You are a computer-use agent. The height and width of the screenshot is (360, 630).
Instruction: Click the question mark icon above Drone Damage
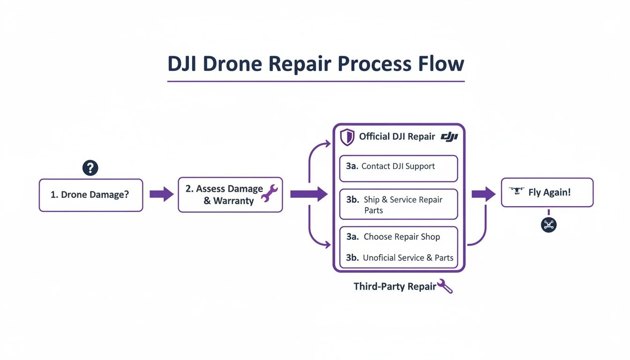pos(90,168)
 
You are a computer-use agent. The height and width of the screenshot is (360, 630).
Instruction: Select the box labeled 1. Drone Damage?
pos(90,195)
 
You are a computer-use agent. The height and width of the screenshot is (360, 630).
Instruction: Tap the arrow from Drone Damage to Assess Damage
pos(161,194)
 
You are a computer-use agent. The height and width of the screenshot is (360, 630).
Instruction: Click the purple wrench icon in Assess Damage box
pos(269,194)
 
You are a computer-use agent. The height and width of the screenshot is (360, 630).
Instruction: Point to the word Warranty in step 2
pos(233,201)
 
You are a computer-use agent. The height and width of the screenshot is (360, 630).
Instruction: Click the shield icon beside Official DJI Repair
pos(347,137)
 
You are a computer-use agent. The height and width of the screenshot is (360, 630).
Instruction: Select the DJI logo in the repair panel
pos(449,136)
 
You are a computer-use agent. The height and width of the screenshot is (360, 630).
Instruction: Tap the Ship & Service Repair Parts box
pos(398,204)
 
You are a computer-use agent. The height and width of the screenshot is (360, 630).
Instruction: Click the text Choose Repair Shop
pos(402,237)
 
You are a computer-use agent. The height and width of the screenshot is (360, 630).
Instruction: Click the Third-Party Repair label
pos(395,286)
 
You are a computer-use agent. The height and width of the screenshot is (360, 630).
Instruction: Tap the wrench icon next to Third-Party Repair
pos(444,286)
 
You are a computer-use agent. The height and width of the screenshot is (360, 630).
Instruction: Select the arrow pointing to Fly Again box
pos(483,194)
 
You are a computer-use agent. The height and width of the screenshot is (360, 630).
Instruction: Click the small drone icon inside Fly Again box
pos(516,192)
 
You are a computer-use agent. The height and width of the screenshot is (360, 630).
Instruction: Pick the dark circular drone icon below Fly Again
pos(548,225)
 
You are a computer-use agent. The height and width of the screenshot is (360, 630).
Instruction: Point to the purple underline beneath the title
pos(315,82)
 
